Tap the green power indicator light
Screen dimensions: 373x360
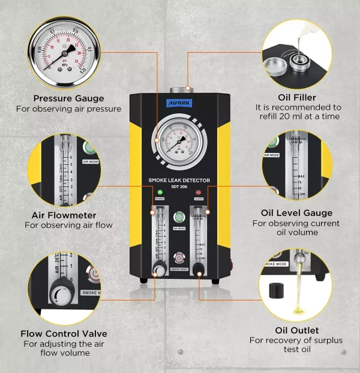(159, 193)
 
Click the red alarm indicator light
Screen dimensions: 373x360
(199, 193)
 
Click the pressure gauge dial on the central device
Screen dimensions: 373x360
(178, 142)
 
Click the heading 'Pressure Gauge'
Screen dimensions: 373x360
(68, 98)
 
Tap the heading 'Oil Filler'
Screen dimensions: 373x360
(297, 97)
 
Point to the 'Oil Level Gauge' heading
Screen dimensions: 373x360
(296, 212)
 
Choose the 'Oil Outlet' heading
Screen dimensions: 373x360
(296, 330)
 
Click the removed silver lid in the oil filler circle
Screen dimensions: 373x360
(276, 65)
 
